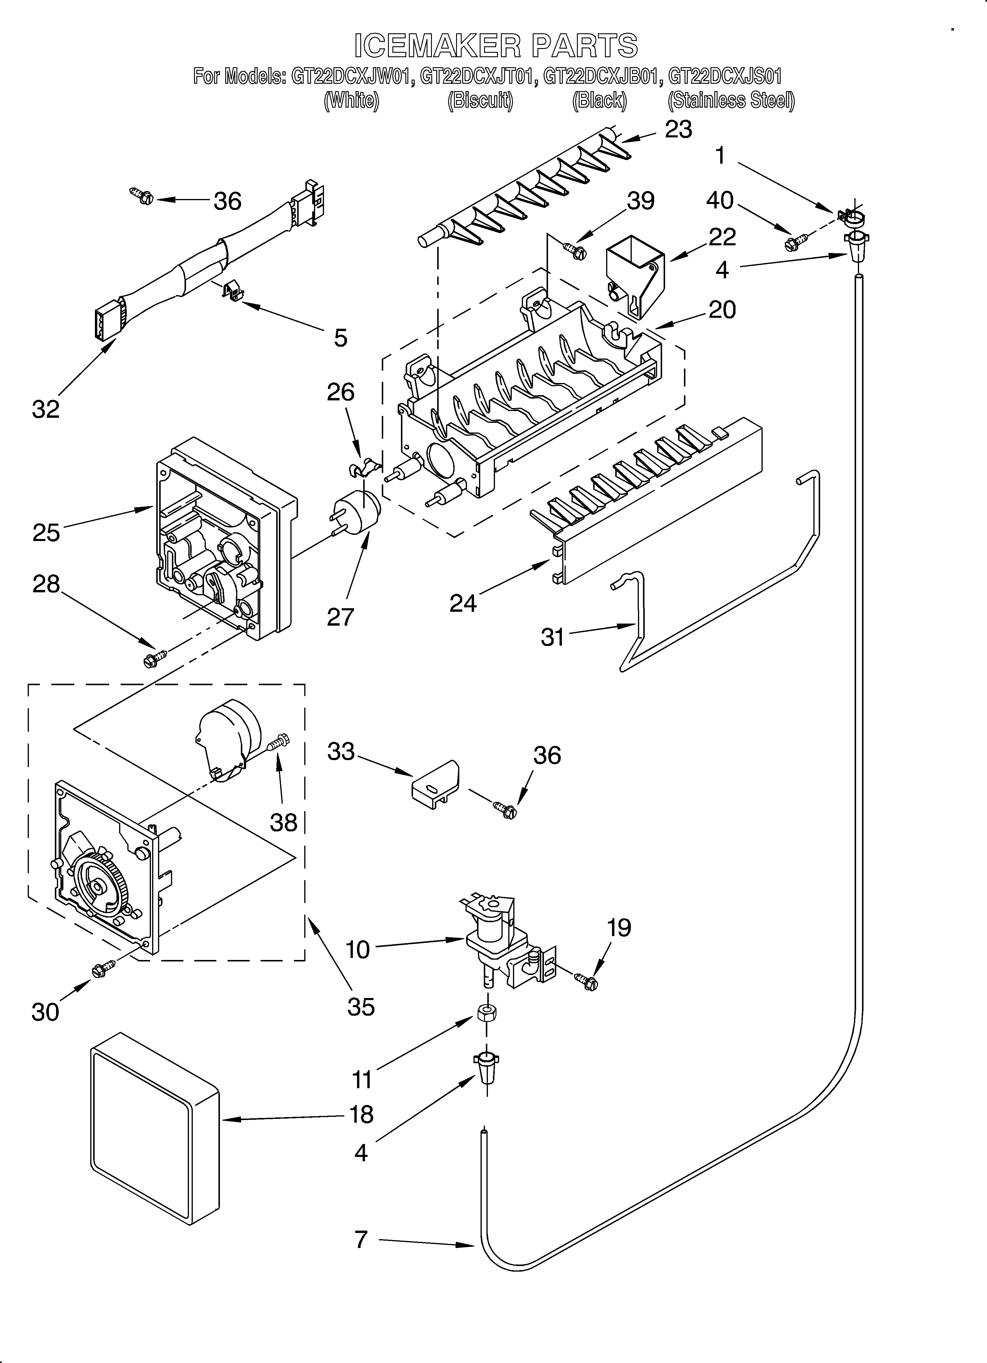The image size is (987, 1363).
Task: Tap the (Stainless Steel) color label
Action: tap(731, 100)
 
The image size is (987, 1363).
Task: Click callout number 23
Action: tap(678, 129)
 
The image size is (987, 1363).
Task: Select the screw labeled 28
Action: tap(152, 658)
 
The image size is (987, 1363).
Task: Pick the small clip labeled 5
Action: tap(233, 291)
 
